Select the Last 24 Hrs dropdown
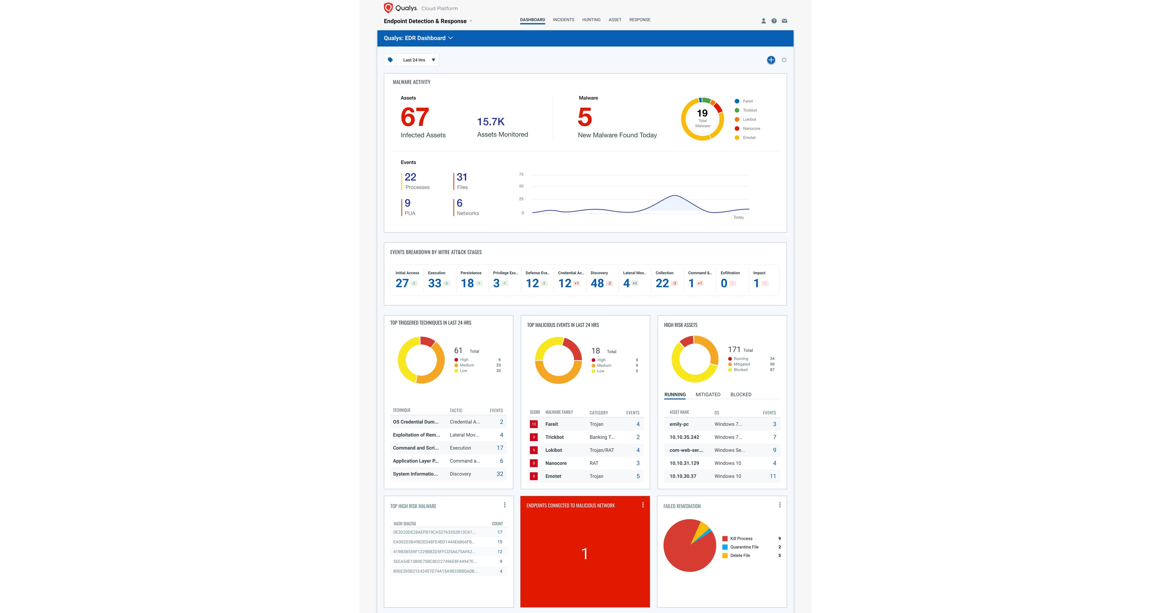pyautogui.click(x=418, y=60)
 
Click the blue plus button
pyautogui.click(x=771, y=60)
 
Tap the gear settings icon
pyautogui.click(x=784, y=60)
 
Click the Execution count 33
pyautogui.click(x=435, y=283)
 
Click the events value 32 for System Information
pyautogui.click(x=500, y=474)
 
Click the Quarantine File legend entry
pyautogui.click(x=744, y=547)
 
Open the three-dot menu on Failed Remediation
pyautogui.click(x=780, y=505)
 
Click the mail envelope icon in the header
pyautogui.click(x=784, y=21)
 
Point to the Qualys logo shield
pyautogui.click(x=388, y=8)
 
